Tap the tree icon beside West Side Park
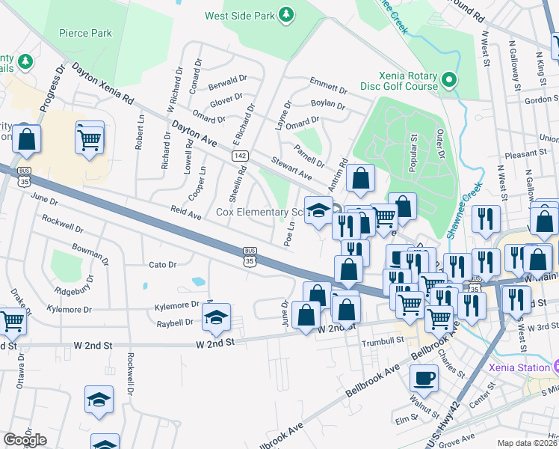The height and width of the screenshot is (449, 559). [x=285, y=14]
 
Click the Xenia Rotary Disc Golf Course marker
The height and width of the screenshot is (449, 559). [x=448, y=79]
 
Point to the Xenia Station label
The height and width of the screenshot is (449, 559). [x=519, y=367]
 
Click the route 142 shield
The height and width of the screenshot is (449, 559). [x=239, y=155]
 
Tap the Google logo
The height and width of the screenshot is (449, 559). [x=25, y=440]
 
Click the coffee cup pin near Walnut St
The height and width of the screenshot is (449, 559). [x=424, y=379]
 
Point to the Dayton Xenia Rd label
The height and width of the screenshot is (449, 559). [x=102, y=82]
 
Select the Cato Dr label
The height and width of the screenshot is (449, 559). [x=162, y=264]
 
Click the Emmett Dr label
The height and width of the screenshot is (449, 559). [x=329, y=86]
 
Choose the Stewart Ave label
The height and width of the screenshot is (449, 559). [x=291, y=168]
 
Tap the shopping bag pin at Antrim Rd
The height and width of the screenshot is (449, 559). [x=360, y=180]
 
